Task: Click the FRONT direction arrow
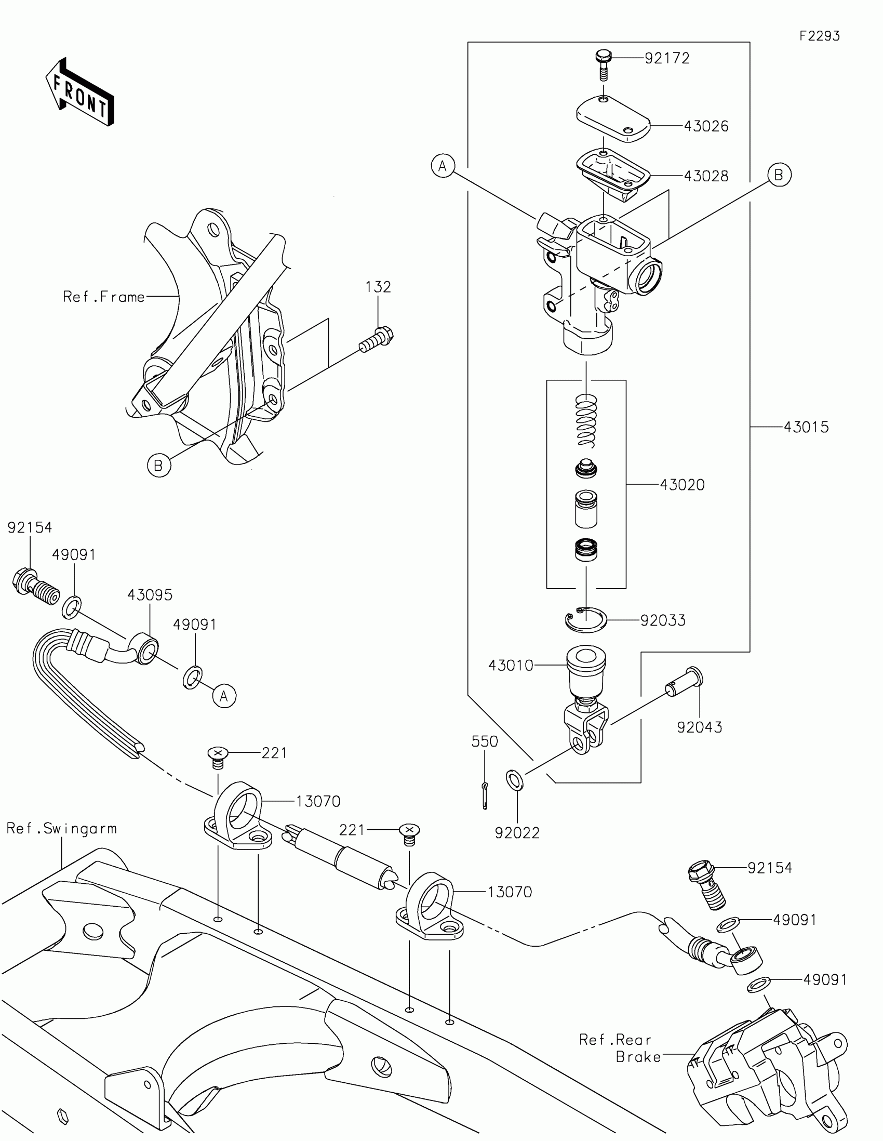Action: coord(80,92)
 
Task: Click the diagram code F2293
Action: coord(819,36)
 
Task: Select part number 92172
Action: coord(667,58)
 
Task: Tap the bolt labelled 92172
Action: coord(604,64)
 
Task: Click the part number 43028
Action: coord(705,176)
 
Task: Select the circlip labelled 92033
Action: coord(585,620)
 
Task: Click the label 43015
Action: coord(806,427)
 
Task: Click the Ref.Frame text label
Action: coord(103,297)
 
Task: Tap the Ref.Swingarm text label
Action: coord(62,828)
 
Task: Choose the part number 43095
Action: coord(150,594)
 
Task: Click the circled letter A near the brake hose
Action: coord(224,696)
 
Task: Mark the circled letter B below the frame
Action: coord(159,465)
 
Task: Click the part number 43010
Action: coord(511,665)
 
